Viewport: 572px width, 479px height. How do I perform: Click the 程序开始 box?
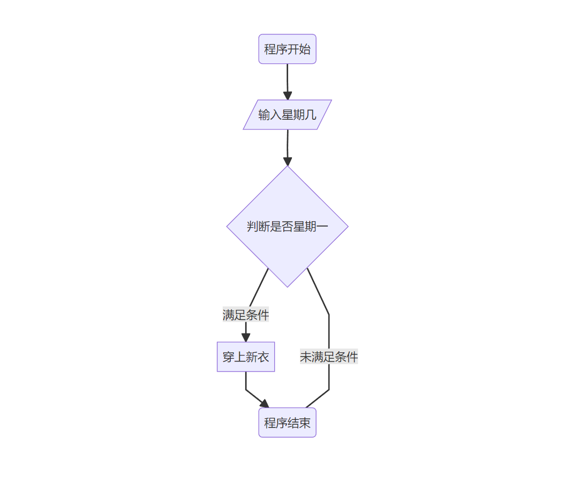pyautogui.click(x=287, y=49)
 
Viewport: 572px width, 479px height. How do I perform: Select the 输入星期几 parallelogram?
pyautogui.click(x=287, y=115)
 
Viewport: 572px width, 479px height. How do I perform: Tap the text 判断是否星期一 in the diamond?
pyautogui.click(x=287, y=227)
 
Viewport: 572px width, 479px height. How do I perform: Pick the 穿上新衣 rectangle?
pyautogui.click(x=246, y=357)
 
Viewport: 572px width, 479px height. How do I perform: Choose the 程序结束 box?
pyautogui.click(x=287, y=423)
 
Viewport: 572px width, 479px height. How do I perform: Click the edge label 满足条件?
pyautogui.click(x=246, y=315)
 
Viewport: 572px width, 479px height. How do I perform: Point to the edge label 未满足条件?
pyautogui.click(x=328, y=357)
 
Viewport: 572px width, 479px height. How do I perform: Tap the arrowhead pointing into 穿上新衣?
pyautogui.click(x=246, y=338)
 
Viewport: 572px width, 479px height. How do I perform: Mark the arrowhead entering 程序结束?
pyautogui.click(x=265, y=404)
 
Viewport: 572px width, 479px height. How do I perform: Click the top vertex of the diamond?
pyautogui.click(x=288, y=166)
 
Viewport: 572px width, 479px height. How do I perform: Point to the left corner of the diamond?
pyautogui.click(x=228, y=227)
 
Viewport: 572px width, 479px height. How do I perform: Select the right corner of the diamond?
pyautogui.click(x=348, y=227)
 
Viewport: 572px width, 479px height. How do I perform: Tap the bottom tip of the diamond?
pyautogui.click(x=288, y=286)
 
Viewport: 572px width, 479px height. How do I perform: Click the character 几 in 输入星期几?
pyautogui.click(x=311, y=115)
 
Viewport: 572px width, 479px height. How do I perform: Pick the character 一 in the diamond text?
pyautogui.click(x=322, y=227)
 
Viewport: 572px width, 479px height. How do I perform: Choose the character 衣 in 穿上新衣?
pyautogui.click(x=263, y=357)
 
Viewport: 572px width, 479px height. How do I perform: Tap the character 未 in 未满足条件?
pyautogui.click(x=306, y=357)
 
